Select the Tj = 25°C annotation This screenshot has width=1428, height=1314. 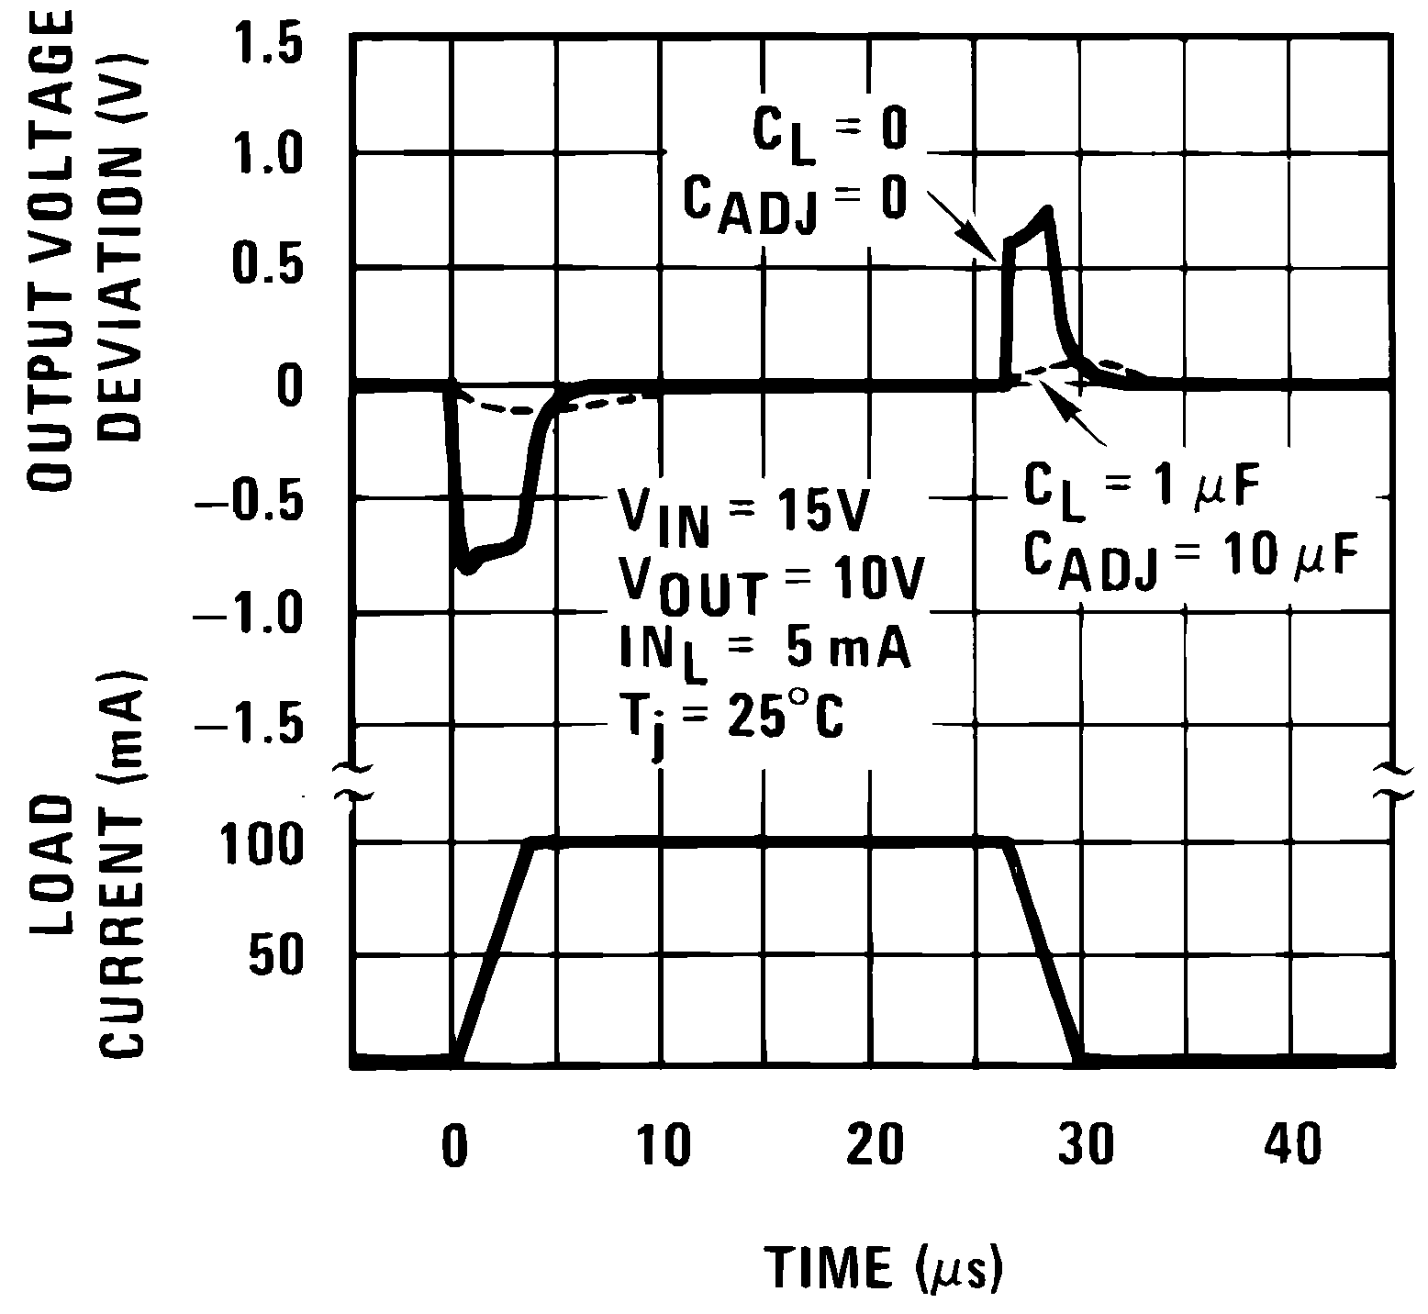pyautogui.click(x=730, y=720)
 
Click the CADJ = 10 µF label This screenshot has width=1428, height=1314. pyautogui.click(x=1189, y=560)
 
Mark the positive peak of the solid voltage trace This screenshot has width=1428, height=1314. pyautogui.click(x=1046, y=211)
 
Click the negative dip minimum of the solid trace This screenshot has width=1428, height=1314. pyautogui.click(x=469, y=568)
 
